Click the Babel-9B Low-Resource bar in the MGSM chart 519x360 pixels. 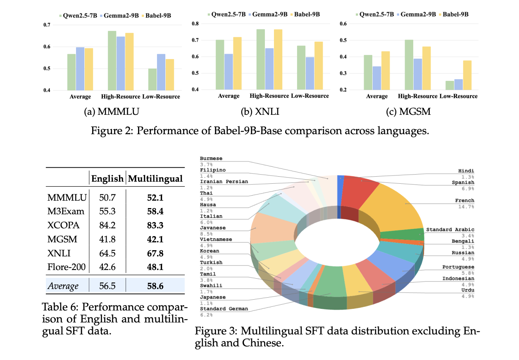point(467,75)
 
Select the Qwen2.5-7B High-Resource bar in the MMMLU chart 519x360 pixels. point(112,61)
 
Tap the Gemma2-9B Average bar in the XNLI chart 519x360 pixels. point(229,72)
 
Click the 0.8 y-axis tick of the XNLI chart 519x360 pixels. point(195,24)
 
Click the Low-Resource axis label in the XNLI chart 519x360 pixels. point(310,96)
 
